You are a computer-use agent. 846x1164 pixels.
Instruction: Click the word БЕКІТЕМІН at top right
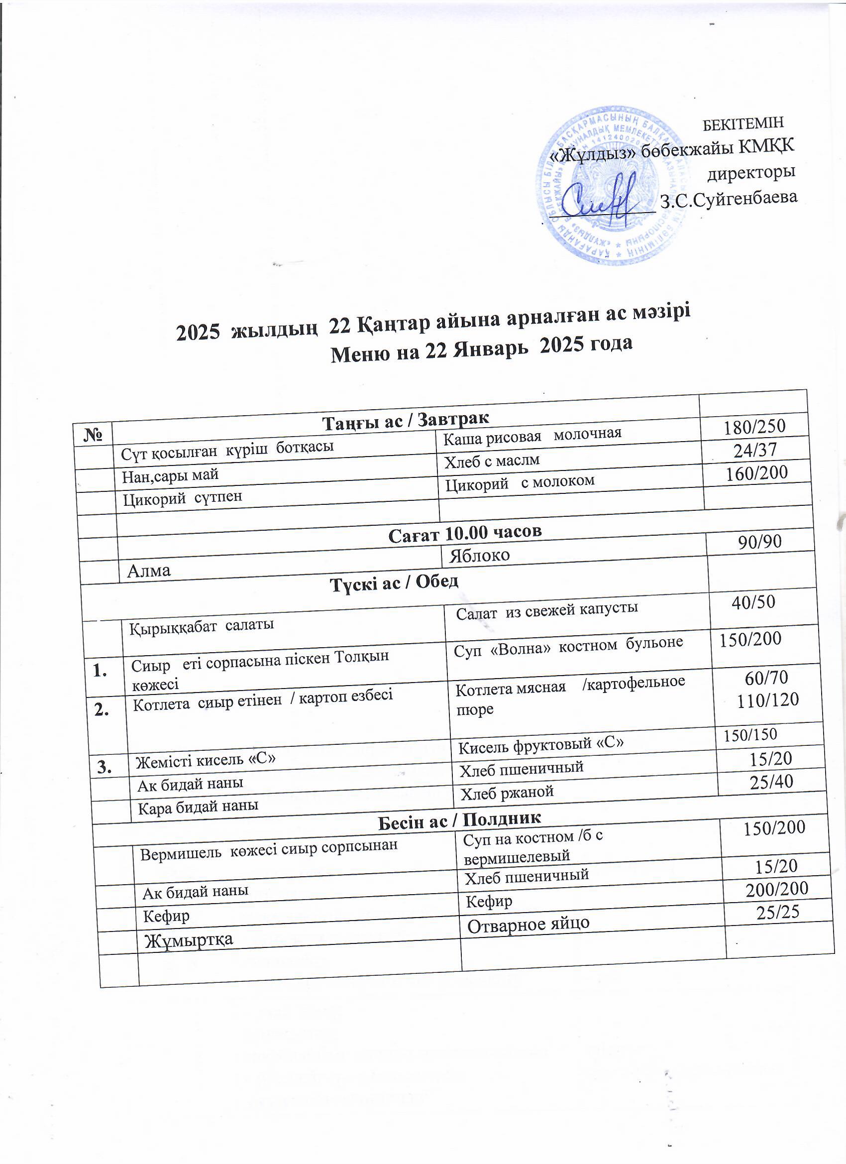coord(742,123)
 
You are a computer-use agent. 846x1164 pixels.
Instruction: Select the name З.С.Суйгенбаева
coord(728,198)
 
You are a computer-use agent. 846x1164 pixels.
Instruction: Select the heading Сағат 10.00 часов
coord(465,534)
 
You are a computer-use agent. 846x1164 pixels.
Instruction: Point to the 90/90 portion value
coord(760,542)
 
